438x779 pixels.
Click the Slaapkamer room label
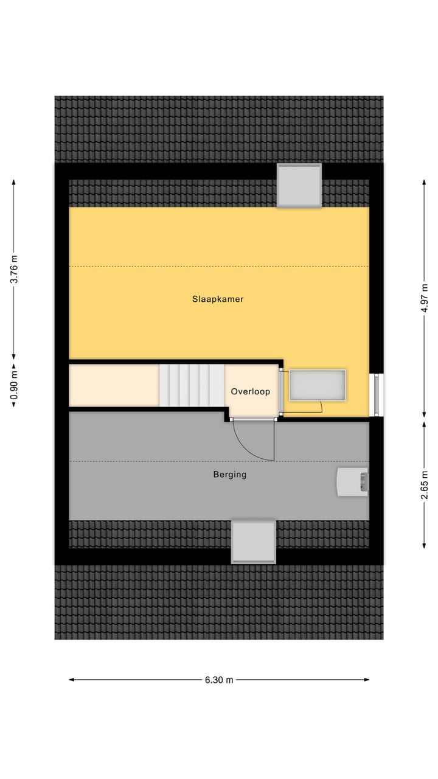click(218, 299)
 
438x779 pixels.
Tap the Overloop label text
click(250, 391)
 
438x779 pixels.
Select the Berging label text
click(230, 475)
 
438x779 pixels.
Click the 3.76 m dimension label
click(14, 269)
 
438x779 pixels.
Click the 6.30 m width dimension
click(219, 680)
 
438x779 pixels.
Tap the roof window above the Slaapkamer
click(299, 186)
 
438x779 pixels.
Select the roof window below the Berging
click(253, 541)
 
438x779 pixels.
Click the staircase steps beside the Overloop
click(192, 385)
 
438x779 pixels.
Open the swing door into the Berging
click(254, 439)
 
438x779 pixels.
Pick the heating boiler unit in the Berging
click(352, 483)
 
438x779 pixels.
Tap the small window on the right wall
click(377, 394)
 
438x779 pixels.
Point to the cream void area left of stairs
click(114, 385)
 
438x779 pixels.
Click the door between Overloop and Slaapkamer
click(281, 392)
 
